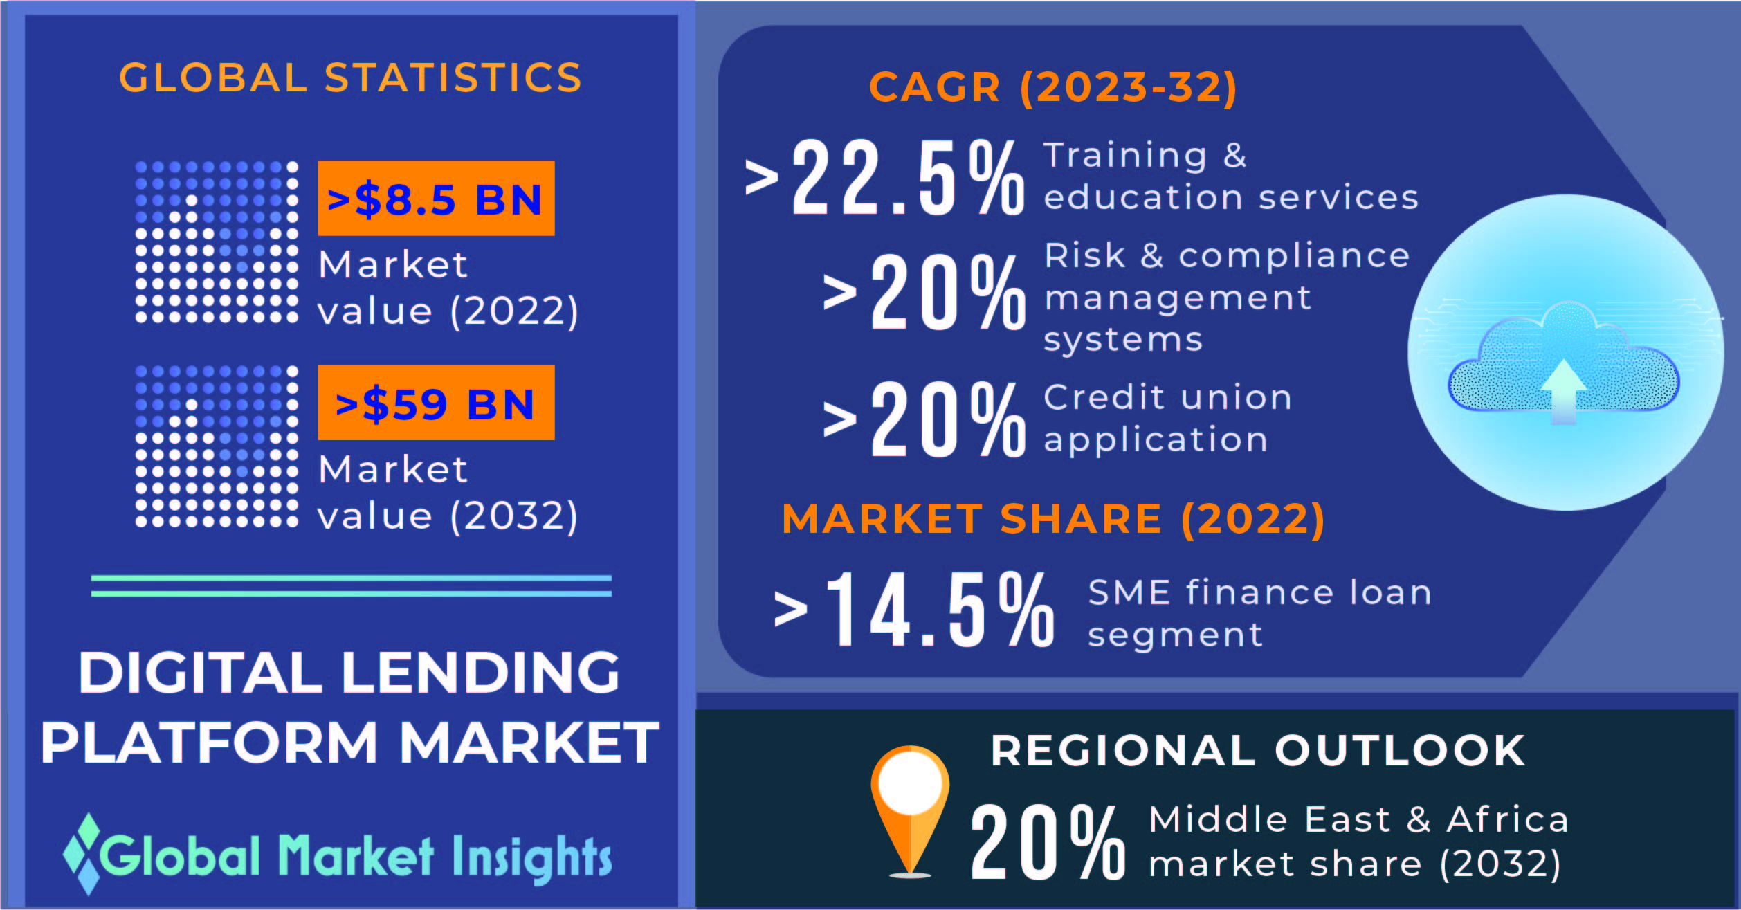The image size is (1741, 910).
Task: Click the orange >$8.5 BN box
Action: tap(436, 199)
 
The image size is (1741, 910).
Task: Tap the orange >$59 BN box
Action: tap(436, 403)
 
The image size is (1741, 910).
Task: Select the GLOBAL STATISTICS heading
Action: tap(350, 78)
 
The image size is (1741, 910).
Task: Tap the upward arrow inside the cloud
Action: tap(1564, 392)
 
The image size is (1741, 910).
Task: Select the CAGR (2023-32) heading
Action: tap(1052, 87)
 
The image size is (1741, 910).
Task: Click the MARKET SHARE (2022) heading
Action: tap(1053, 519)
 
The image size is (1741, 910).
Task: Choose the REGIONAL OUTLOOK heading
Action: tap(1258, 750)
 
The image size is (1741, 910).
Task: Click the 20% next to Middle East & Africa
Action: tap(1048, 843)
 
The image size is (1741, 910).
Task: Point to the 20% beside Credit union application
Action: tap(948, 419)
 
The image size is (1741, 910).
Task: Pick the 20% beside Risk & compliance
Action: tap(948, 291)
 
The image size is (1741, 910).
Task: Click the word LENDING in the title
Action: tap(480, 673)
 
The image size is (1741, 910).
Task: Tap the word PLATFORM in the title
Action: tap(210, 743)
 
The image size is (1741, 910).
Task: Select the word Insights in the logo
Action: tap(532, 858)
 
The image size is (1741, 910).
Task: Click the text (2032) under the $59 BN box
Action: tap(514, 516)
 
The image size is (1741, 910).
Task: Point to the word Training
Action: tap(1125, 156)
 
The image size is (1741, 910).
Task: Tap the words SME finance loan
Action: tap(1259, 592)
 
